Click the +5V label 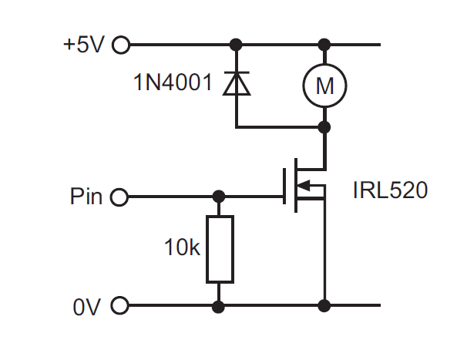coord(83,45)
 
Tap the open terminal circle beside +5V coord(122,45)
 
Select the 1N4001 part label coord(171,82)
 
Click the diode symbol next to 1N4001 coord(236,83)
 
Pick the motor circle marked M coord(324,86)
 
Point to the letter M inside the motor coord(324,86)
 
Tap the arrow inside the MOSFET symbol coord(306,185)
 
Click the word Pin coord(86,197)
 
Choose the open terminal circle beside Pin coord(119,197)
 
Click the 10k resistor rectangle coord(219,249)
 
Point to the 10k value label coord(182,248)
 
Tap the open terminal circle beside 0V coord(119,307)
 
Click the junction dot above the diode coord(236,45)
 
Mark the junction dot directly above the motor coord(324,45)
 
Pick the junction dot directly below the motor coord(324,126)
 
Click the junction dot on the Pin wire coord(219,197)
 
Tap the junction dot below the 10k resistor coord(219,307)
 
